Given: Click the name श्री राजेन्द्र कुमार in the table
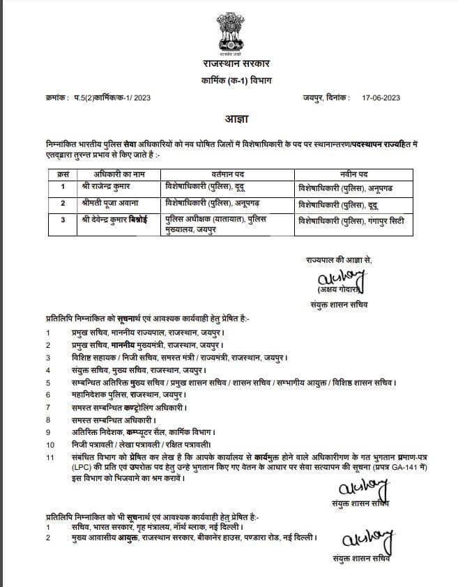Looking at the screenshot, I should pos(107,188).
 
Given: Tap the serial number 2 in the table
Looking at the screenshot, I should pos(63,203).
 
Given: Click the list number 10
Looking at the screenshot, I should pos(49,444).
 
